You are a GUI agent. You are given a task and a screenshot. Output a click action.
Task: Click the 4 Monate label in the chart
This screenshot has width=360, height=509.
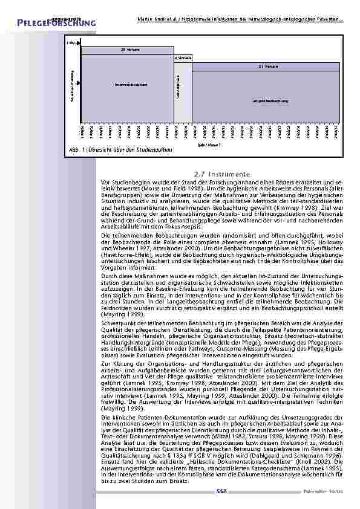[183, 57]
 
